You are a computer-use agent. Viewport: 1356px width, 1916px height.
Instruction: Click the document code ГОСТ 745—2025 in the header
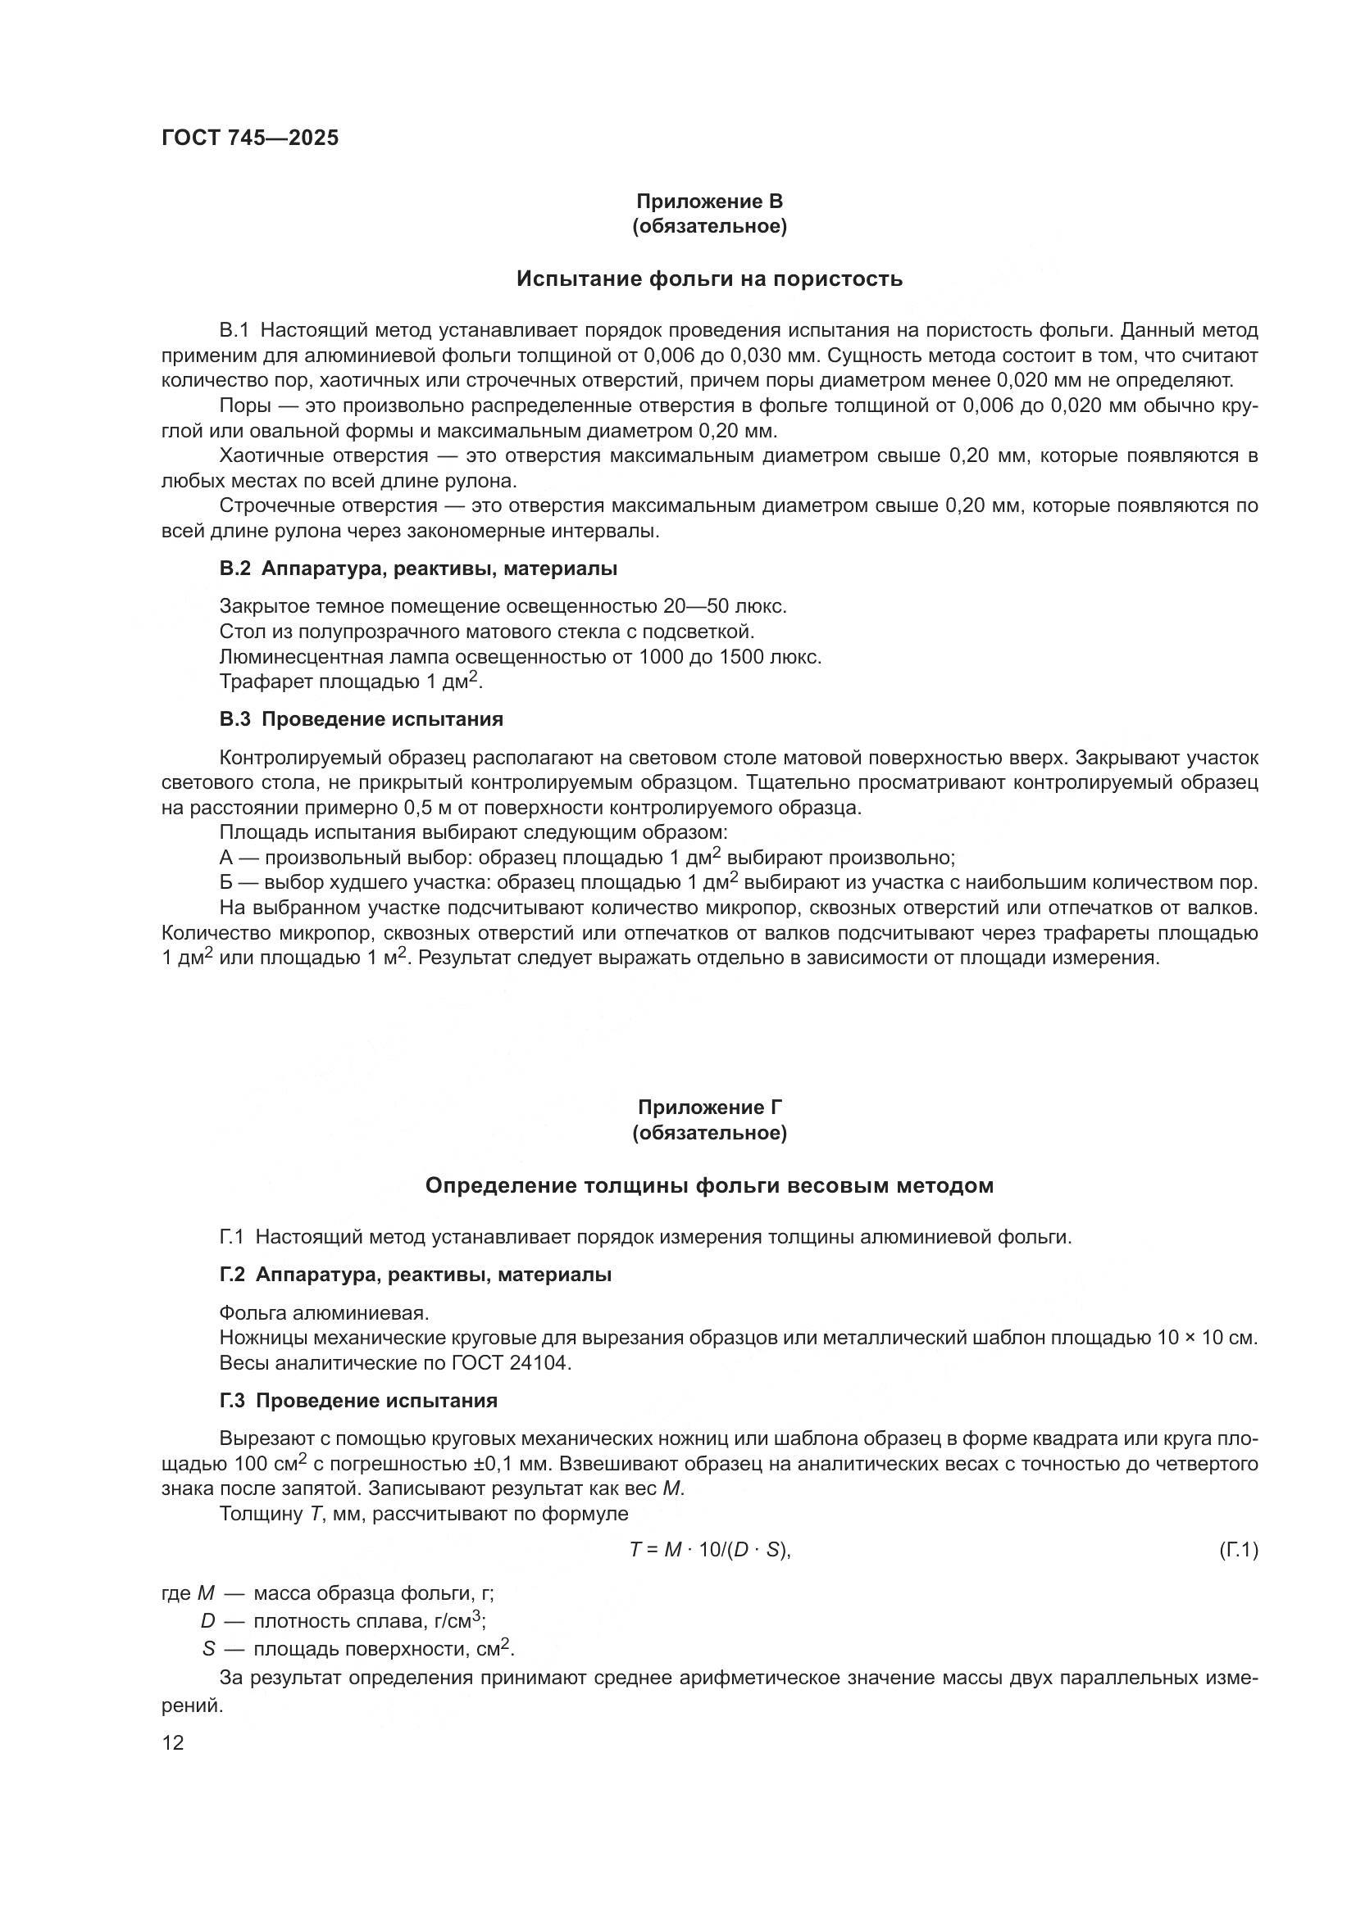[x=250, y=138]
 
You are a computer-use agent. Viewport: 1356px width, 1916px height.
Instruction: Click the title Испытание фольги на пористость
[x=709, y=279]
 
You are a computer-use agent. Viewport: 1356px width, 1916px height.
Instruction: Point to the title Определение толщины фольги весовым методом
[x=709, y=1185]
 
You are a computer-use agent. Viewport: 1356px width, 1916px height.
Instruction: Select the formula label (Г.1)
[x=1238, y=1551]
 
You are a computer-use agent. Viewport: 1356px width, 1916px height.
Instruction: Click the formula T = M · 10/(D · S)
[x=709, y=1551]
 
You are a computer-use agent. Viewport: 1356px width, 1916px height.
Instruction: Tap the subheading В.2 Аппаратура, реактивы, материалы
[x=418, y=569]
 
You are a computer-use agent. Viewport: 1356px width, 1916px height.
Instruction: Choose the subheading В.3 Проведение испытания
[x=361, y=719]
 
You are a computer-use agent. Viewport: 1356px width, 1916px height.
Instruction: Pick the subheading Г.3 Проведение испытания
[x=358, y=1401]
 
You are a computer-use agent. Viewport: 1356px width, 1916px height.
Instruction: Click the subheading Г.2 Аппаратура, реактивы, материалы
[x=415, y=1275]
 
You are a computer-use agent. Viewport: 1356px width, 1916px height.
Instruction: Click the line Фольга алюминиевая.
[x=324, y=1313]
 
